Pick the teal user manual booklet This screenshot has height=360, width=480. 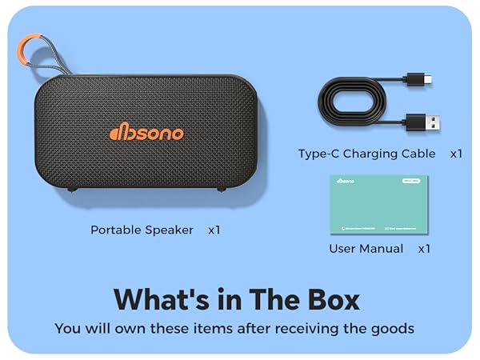(x=378, y=205)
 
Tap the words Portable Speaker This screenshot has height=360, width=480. (x=142, y=230)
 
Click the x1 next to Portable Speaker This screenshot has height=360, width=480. (x=214, y=230)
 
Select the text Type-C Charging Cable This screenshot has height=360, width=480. (x=367, y=154)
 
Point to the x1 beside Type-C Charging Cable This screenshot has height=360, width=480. (x=456, y=154)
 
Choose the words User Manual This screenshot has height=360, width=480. (x=365, y=249)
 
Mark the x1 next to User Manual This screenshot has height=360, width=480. (x=424, y=249)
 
